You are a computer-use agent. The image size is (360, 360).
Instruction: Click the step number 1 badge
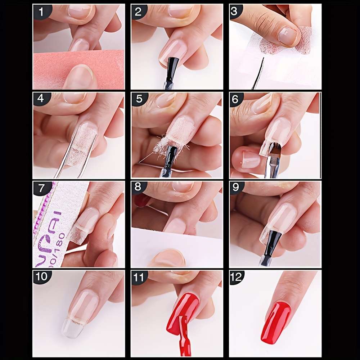tap(40, 12)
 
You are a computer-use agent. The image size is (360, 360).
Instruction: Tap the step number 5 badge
tap(138, 100)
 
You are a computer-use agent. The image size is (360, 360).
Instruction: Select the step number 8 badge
tap(138, 188)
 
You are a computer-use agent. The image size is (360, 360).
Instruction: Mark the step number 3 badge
tap(236, 12)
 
